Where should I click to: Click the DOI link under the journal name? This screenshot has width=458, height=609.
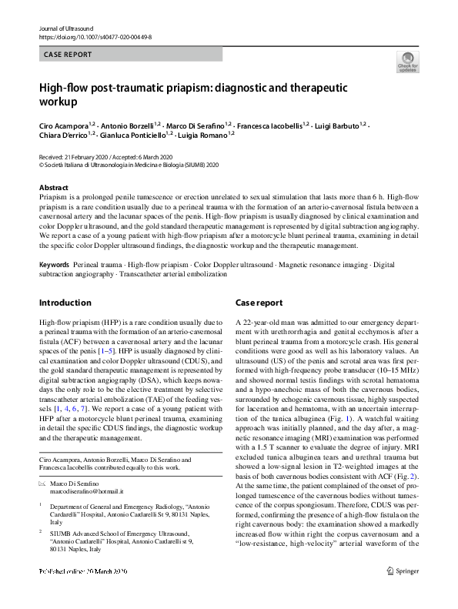(x=91, y=36)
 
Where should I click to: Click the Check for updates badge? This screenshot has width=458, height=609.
(x=406, y=62)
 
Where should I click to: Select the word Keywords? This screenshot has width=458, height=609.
(x=55, y=264)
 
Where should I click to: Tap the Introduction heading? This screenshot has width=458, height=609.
(x=65, y=303)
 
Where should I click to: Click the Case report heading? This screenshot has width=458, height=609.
(x=259, y=303)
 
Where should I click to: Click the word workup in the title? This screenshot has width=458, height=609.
(x=63, y=102)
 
